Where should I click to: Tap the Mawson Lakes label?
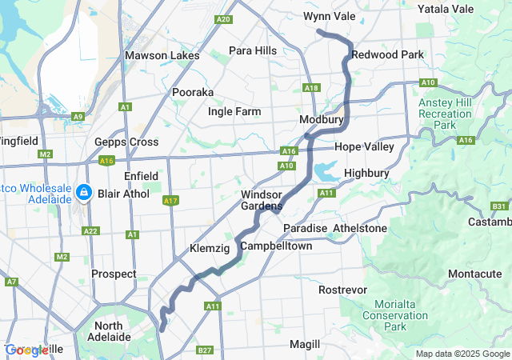pyautogui.click(x=157, y=56)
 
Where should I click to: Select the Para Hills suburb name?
pyautogui.click(x=253, y=51)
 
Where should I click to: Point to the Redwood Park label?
pyautogui.click(x=388, y=54)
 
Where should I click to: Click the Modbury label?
pyautogui.click(x=321, y=119)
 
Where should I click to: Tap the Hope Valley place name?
pyautogui.click(x=364, y=147)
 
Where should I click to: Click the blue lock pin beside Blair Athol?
pyautogui.click(x=84, y=193)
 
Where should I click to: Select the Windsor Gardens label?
pyautogui.click(x=262, y=200)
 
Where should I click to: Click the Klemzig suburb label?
pyautogui.click(x=210, y=250)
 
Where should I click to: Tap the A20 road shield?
pyautogui.click(x=223, y=19)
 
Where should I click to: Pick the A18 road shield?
pyautogui.click(x=311, y=88)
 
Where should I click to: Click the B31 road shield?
pyautogui.click(x=499, y=206)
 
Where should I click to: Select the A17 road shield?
pyautogui.click(x=170, y=201)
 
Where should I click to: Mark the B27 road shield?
pyautogui.click(x=205, y=350)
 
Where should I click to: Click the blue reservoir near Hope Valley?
pyautogui.click(x=326, y=171)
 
